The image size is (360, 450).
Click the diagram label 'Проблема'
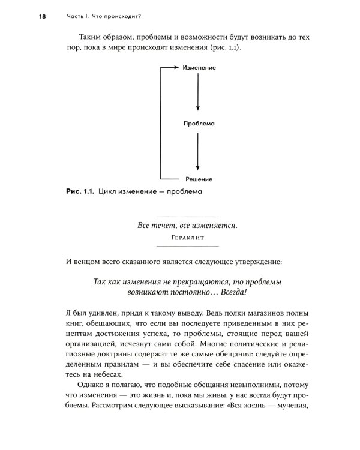(199, 123)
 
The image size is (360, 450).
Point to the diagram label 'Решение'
(199, 179)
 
